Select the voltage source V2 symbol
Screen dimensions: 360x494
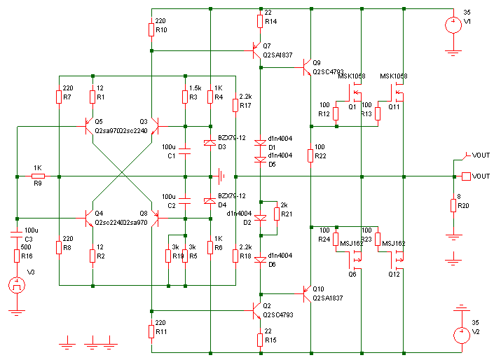[460, 335]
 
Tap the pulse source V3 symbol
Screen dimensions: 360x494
[15, 285]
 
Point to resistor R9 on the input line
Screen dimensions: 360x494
[37, 176]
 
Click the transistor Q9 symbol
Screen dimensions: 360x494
[307, 67]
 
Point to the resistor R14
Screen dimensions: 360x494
[261, 22]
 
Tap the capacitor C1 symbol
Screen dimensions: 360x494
[185, 148]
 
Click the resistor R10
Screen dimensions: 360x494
[151, 29]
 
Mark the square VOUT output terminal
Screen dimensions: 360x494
[465, 176]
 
